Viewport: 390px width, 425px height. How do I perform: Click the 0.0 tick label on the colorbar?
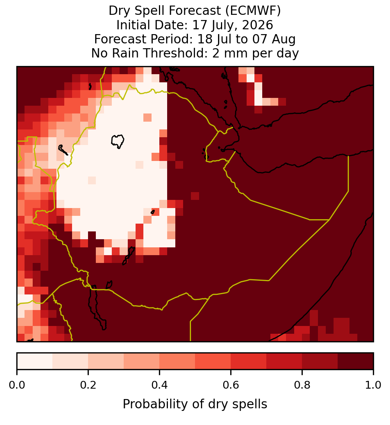coord(17,385)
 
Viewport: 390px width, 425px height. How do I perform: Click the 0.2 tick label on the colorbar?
coord(88,385)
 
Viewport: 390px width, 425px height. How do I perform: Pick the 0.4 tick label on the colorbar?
coord(160,385)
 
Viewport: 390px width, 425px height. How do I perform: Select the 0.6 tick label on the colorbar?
coord(231,385)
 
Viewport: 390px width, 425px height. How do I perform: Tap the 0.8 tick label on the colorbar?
coord(302,385)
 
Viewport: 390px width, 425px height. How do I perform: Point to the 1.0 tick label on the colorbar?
coord(373,385)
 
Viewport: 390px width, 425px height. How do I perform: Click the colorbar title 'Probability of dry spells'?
coord(195,404)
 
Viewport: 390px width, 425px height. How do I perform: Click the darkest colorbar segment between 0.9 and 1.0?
coord(355,361)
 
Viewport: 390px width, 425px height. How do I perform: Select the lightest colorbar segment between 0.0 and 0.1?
coord(35,361)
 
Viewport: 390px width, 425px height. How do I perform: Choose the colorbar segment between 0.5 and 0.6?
coord(213,361)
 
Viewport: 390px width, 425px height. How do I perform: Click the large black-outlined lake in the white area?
coord(117,141)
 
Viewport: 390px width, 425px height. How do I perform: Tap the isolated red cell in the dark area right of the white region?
coord(195,196)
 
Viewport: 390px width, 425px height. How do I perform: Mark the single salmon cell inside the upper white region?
coord(147,118)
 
